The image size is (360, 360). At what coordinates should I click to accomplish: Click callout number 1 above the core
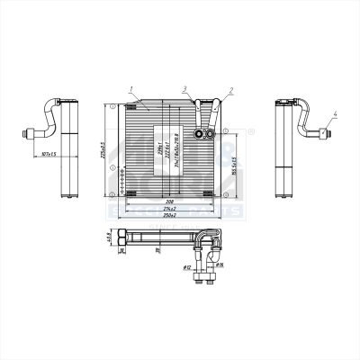[x=131, y=88]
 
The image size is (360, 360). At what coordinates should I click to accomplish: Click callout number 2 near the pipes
[x=231, y=89]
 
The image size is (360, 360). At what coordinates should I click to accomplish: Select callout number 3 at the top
[x=184, y=88]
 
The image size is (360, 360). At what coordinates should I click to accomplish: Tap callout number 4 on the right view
[x=336, y=113]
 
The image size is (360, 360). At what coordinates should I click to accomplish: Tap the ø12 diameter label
[x=187, y=266]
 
